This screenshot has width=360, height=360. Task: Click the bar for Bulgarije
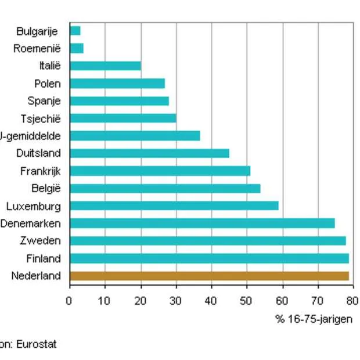tap(75, 31)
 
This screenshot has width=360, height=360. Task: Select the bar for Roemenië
tap(77, 48)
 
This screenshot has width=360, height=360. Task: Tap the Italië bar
tap(105, 66)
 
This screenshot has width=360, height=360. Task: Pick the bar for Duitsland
tap(149, 153)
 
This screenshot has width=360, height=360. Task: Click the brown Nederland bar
tap(209, 276)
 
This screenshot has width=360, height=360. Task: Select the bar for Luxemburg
tap(174, 206)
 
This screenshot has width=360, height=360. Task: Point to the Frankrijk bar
tap(160, 171)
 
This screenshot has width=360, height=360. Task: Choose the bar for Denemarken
tap(202, 223)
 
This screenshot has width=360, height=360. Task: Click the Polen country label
tap(47, 84)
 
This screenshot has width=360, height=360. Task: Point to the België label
tap(46, 188)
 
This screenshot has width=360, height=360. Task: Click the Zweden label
tap(44, 241)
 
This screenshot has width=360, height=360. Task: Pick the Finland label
tap(43, 258)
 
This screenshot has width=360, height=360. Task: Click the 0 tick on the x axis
tap(69, 301)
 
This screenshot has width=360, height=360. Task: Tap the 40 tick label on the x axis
tap(211, 301)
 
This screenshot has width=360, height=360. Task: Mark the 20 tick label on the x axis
tap(141, 301)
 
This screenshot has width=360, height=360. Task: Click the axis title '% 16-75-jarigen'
tap(314, 319)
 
